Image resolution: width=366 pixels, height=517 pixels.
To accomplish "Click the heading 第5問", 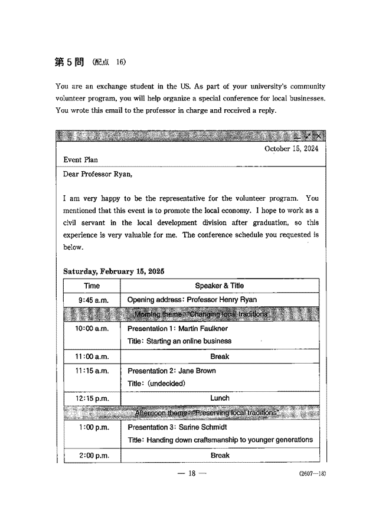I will point(69,63).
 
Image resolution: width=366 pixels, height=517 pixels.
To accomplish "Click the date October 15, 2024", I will point(292,149).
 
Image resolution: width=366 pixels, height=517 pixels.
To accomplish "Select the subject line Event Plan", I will point(81,160).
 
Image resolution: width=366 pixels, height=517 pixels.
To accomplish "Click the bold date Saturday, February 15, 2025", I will point(113,271).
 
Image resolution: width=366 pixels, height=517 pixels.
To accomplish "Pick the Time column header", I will point(92,286).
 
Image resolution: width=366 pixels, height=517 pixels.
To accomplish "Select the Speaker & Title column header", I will point(219,286).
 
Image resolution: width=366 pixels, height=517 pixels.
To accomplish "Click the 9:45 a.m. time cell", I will point(92,300).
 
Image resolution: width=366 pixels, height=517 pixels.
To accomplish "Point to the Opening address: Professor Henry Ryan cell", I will point(192,300).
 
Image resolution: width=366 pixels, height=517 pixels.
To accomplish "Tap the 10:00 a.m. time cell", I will point(92,328).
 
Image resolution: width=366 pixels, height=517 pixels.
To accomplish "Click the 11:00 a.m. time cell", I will point(92,356).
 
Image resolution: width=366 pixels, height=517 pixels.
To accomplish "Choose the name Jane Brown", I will point(197,371).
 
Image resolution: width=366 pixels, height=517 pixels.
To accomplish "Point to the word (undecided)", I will point(166,384).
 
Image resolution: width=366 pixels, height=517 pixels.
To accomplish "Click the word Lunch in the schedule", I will point(220,398).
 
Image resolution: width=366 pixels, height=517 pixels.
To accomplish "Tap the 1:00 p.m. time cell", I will point(92,427).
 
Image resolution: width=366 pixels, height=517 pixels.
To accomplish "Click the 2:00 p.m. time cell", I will point(92,455).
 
